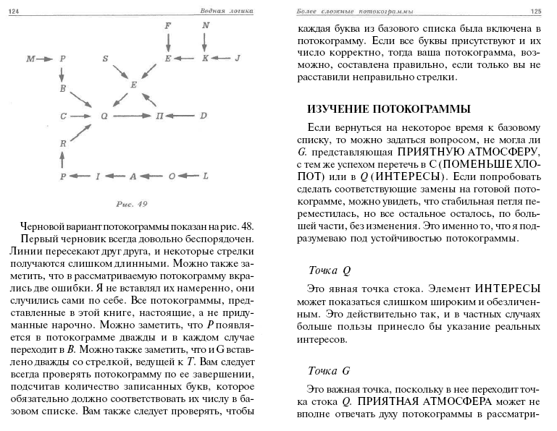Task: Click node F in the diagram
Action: coord(168,25)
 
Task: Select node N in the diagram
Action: coord(205,25)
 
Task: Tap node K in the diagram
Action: coord(205,57)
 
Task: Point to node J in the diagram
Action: coord(238,57)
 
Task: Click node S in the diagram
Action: coord(104,57)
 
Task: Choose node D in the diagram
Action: coord(204,115)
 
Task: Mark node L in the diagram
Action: coord(205,176)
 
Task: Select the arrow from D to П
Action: coord(184,115)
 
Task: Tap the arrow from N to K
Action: coord(205,41)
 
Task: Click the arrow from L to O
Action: coord(188,176)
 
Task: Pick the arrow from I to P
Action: coord(81,176)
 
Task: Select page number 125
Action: coord(536,11)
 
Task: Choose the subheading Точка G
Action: coord(329,371)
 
